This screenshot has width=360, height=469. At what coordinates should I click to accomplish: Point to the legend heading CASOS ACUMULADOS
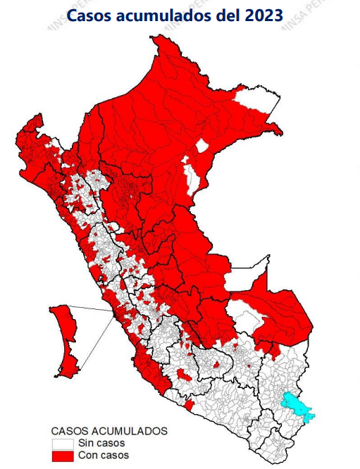(x=109, y=430)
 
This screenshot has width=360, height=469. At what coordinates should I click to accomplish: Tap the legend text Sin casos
(x=101, y=444)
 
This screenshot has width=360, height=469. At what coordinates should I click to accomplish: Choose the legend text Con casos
(x=103, y=457)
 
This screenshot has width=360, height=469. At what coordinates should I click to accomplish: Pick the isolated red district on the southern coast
(x=188, y=406)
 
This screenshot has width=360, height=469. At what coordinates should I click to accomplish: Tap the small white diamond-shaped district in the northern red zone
(x=202, y=146)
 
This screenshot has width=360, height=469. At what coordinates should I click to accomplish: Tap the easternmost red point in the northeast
(x=283, y=132)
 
